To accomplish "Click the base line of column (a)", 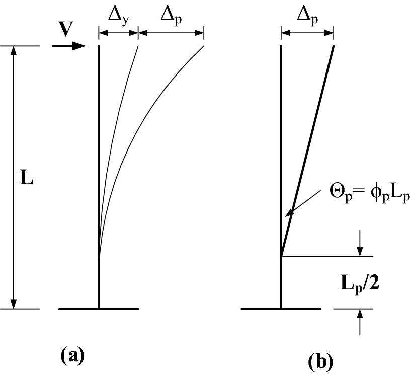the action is pyautogui.click(x=99, y=308).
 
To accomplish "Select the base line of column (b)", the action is pyautogui.click(x=281, y=308).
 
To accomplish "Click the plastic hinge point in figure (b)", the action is pyautogui.click(x=281, y=256).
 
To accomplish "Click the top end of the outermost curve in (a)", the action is pyautogui.click(x=204, y=47).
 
